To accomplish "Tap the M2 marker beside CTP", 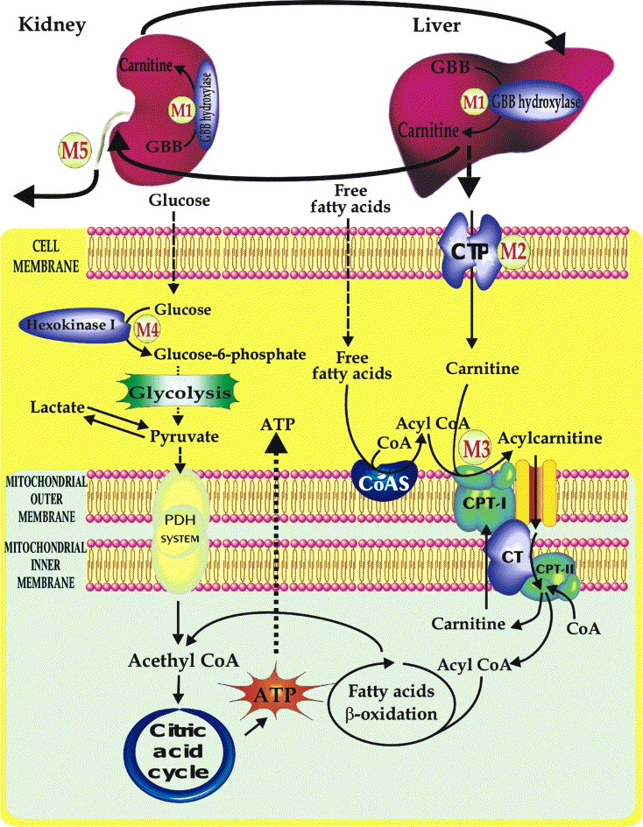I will pyautogui.click(x=513, y=251).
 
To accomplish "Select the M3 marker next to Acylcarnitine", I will pyautogui.click(x=477, y=446).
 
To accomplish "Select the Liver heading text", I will pyautogui.click(x=436, y=25).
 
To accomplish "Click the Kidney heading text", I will pyautogui.click(x=51, y=25).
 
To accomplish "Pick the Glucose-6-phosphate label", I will pyautogui.click(x=230, y=354).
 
